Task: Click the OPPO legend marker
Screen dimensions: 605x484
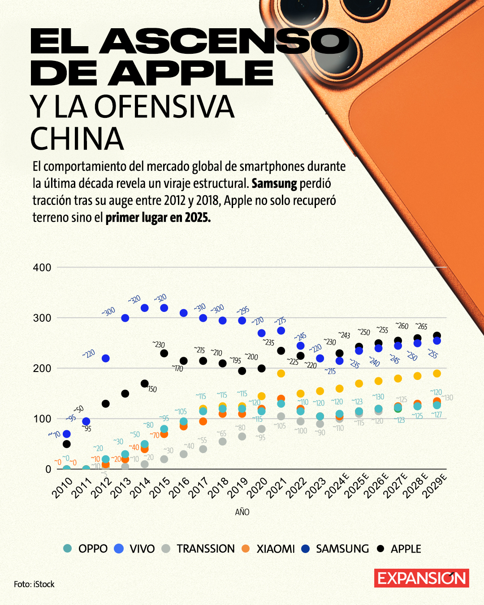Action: coord(68,548)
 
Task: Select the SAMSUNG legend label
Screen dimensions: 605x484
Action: coord(342,549)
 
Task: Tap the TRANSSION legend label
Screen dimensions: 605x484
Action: coord(206,549)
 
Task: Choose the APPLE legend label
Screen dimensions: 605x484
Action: coord(406,549)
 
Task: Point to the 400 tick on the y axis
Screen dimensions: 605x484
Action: coord(42,268)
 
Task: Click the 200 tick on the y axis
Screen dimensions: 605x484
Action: coord(42,368)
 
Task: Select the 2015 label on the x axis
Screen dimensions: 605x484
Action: coord(160,488)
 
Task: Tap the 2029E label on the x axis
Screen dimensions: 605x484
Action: coord(435,487)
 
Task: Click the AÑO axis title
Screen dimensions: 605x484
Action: coord(242,512)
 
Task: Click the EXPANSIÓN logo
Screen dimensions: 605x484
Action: coord(422,578)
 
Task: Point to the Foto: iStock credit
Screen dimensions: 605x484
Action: coord(34,584)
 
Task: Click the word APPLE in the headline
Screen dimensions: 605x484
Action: coord(190,73)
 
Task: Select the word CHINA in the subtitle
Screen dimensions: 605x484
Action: coord(77,139)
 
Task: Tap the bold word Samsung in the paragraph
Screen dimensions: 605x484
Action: coord(274,183)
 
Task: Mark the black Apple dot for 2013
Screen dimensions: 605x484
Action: coord(125,393)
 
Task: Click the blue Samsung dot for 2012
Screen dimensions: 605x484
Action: coord(106,359)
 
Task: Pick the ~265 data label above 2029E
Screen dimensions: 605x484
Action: coord(421,326)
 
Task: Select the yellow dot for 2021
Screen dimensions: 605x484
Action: coord(281,373)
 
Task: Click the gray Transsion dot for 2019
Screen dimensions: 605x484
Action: coord(242,436)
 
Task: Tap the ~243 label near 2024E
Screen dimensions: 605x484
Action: coord(344,335)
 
